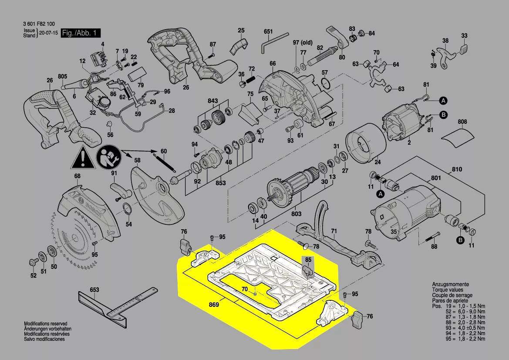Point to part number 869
[213, 304]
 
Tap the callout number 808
[462, 122]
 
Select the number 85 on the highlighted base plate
[308, 260]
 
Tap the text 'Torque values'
[448, 290]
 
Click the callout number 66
[273, 64]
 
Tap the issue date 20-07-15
[48, 33]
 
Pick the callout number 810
[457, 169]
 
